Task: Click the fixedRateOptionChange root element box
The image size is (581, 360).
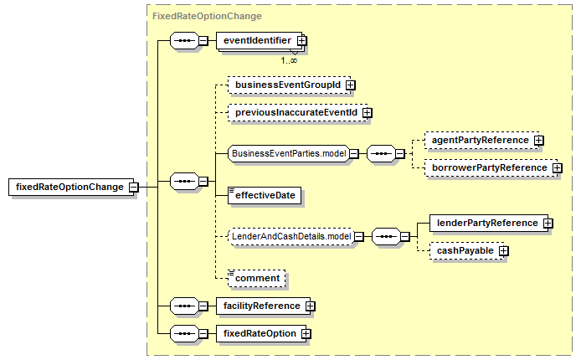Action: click(x=73, y=187)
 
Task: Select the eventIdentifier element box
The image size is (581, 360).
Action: click(x=261, y=41)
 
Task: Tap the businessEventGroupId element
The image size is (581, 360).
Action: click(x=291, y=85)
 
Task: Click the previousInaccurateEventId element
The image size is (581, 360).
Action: click(x=300, y=112)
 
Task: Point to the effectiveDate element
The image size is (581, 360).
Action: click(x=265, y=196)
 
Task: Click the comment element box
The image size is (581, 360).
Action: click(x=256, y=279)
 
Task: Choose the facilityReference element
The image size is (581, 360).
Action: click(x=265, y=306)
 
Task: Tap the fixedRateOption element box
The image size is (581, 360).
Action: click(x=263, y=334)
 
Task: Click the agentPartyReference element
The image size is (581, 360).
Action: click(x=484, y=141)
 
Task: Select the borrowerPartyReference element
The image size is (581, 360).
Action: click(x=493, y=167)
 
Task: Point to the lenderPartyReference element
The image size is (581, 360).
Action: click(x=491, y=223)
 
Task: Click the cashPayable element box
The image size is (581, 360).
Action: click(x=469, y=250)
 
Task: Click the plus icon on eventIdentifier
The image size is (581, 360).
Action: click(x=302, y=40)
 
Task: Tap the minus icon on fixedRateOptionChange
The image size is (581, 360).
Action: click(x=133, y=187)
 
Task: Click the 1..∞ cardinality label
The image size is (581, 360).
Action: click(x=289, y=60)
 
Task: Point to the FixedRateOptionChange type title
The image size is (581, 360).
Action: click(x=207, y=16)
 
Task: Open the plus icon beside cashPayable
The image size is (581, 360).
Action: click(x=503, y=250)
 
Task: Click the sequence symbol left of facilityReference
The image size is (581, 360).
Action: click(x=184, y=306)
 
